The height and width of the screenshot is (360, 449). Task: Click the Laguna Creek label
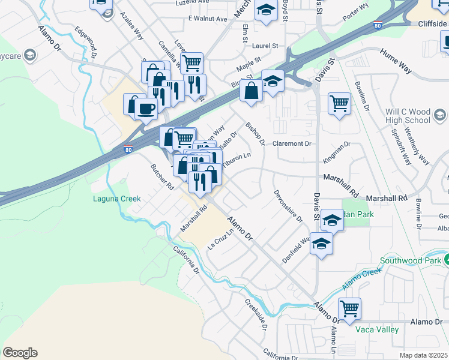[116, 199]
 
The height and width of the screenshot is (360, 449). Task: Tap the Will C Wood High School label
[408, 116]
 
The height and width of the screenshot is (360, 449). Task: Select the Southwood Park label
[408, 260]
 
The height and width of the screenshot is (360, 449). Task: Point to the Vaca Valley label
[377, 330]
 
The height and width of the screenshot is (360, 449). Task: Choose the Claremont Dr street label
[292, 144]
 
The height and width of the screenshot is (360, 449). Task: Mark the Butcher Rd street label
[162, 175]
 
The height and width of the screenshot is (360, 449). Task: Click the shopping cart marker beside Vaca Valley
[349, 308]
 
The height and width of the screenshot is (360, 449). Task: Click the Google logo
[20, 353]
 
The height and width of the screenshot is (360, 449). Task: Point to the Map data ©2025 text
[423, 355]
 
